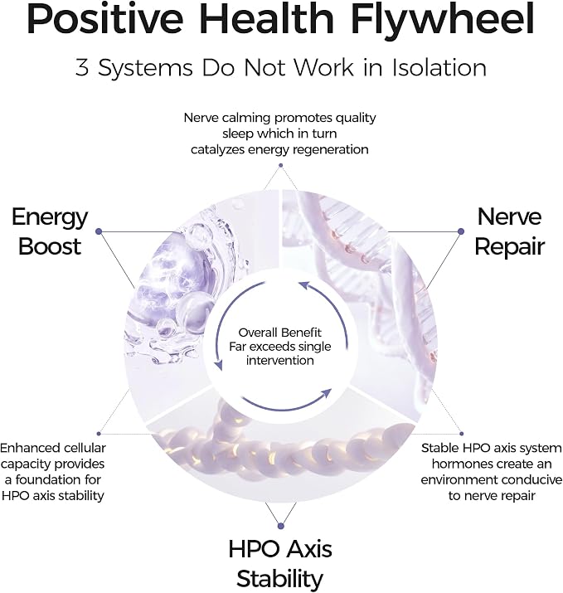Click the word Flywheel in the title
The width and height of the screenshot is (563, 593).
click(x=443, y=19)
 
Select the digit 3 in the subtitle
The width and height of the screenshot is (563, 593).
click(x=81, y=68)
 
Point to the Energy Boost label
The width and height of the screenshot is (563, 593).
click(x=50, y=231)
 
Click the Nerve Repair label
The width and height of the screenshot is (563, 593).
click(x=509, y=231)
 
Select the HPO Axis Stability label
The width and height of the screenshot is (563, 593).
click(x=280, y=563)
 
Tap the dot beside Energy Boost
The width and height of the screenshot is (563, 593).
click(x=99, y=231)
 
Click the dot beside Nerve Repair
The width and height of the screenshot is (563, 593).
click(x=460, y=231)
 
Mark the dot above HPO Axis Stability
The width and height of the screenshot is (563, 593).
click(x=280, y=526)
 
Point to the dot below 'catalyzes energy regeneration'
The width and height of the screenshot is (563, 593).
click(x=280, y=165)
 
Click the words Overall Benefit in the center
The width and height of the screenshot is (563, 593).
click(x=279, y=333)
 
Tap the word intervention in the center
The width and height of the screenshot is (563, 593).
click(x=279, y=361)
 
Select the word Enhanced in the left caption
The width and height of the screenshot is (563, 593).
click(x=27, y=448)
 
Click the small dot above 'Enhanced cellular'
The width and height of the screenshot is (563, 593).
click(x=99, y=434)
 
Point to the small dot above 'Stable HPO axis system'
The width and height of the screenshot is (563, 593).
click(x=461, y=434)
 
